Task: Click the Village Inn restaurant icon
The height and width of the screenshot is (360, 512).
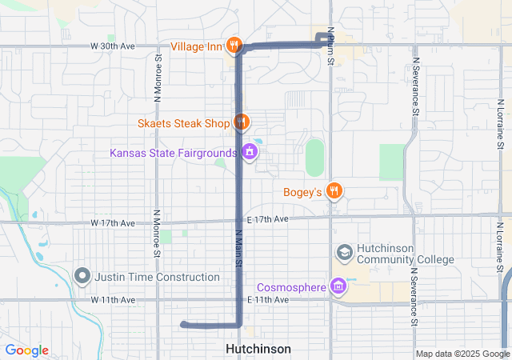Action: coord(234,46)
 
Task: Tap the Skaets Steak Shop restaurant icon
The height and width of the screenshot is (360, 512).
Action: coord(242,122)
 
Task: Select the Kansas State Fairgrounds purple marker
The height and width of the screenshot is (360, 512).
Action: coord(250,151)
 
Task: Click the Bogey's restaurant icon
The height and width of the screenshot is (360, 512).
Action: coord(334,191)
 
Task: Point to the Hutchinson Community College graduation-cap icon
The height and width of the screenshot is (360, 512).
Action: coord(344,253)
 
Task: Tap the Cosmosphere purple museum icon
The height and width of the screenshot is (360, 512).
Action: coord(338,286)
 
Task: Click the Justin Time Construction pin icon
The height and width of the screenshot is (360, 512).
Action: coord(82,276)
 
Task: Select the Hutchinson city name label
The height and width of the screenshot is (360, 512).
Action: coord(258,349)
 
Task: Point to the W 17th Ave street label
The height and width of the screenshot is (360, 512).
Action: coord(113,222)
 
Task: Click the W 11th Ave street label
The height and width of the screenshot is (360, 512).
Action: coord(113,299)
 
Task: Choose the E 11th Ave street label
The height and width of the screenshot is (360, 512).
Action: coord(268,299)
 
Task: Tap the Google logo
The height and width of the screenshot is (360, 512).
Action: coord(27,350)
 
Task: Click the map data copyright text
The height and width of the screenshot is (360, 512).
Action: coord(462,354)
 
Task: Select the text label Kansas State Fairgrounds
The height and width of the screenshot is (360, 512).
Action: coord(174,152)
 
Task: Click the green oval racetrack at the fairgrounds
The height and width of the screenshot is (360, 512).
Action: coord(315,157)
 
